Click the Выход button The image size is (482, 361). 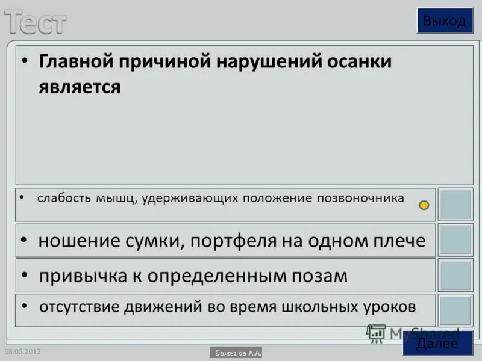click(x=445, y=21)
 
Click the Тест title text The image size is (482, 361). click(x=36, y=22)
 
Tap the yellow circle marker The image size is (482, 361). click(x=424, y=205)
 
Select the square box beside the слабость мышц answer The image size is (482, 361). click(x=455, y=205)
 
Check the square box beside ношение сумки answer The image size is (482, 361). click(x=455, y=240)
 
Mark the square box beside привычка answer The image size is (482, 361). click(x=455, y=275)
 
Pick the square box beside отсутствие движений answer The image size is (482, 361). click(x=455, y=310)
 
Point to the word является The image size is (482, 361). click(x=80, y=87)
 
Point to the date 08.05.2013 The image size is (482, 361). click(x=22, y=351)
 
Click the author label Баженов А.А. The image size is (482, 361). click(x=236, y=353)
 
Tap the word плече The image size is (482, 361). click(x=400, y=241)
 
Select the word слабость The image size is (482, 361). click(x=64, y=198)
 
